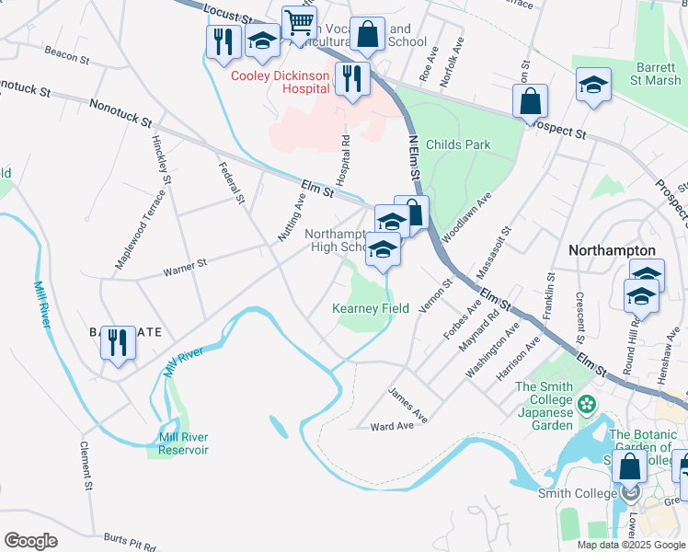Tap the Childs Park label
click(x=464, y=144)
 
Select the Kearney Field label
click(x=371, y=309)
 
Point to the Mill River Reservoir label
click(x=177, y=443)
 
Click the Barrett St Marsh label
click(x=659, y=73)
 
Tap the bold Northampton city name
click(x=612, y=250)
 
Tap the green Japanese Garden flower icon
click(x=585, y=402)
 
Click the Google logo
click(x=30, y=541)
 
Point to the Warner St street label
click(x=185, y=269)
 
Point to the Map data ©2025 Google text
click(x=630, y=545)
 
